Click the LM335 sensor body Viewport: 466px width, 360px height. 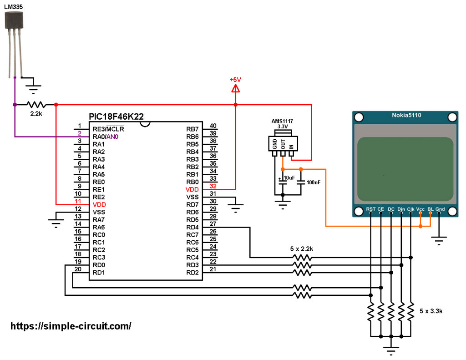click(14, 20)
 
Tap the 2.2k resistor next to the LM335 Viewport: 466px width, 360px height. click(35, 105)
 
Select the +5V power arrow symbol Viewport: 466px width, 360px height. click(235, 88)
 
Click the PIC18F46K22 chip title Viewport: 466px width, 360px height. click(116, 117)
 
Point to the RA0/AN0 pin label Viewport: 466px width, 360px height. click(106, 137)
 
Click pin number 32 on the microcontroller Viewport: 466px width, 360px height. click(213, 186)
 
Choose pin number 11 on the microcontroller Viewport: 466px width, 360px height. click(78, 201)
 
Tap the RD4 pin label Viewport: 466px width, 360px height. click(192, 228)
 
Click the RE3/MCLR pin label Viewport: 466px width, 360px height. click(108, 129)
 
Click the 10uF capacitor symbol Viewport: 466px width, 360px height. click(283, 182)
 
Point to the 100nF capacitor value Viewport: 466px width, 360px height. click(314, 182)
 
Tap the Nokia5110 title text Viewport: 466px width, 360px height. click(406, 115)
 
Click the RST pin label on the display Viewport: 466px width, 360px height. click(370, 209)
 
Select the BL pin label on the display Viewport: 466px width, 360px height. click(431, 209)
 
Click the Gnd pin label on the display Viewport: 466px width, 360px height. click(440, 209)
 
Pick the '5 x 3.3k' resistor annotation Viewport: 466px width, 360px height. click(431, 311)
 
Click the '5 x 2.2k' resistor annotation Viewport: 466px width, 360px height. click(301, 248)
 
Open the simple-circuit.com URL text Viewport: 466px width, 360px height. click(71, 326)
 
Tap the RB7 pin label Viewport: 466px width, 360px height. click(192, 129)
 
